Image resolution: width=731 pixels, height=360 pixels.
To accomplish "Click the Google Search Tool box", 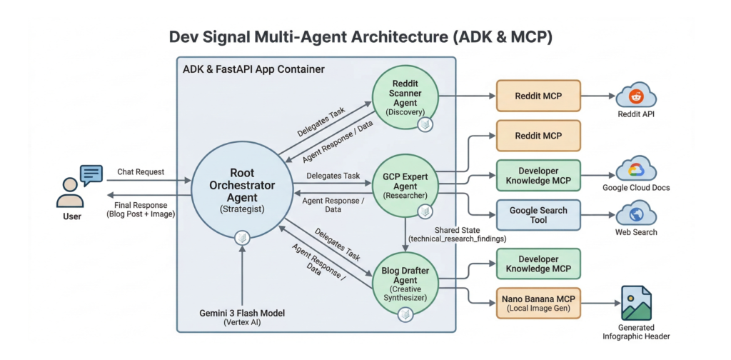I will coord(539,215).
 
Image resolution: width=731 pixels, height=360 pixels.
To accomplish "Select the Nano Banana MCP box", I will coord(539,302).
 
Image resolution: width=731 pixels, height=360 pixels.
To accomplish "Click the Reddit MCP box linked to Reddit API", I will coord(539,96).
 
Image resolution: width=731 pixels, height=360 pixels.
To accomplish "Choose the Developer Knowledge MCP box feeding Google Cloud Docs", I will coord(539,175).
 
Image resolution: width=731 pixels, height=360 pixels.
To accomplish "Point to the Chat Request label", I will coord(141,171).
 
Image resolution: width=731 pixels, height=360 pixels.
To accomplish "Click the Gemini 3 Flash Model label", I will coord(242,314).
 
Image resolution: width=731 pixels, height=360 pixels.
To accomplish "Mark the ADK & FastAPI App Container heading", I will coord(254,69).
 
